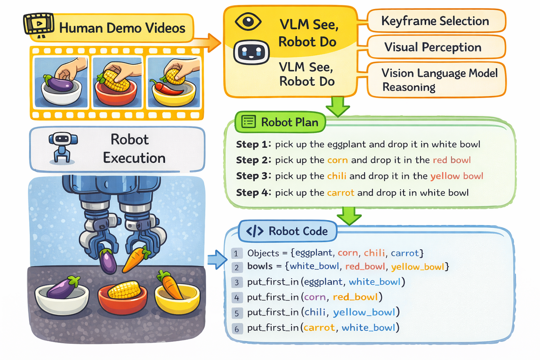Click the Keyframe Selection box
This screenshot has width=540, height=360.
(x=435, y=21)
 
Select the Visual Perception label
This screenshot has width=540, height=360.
(x=432, y=47)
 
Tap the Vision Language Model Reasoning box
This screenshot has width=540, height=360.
(x=439, y=80)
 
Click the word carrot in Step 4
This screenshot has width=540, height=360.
(x=341, y=193)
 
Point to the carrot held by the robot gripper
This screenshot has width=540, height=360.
(x=135, y=260)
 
